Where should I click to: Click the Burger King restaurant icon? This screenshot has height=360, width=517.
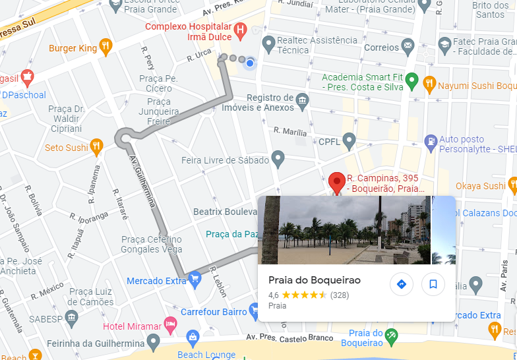point(106,47)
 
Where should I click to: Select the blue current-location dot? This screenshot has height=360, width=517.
point(249,63)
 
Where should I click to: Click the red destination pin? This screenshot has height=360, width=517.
point(337,182)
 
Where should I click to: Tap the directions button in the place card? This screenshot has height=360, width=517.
point(401,284)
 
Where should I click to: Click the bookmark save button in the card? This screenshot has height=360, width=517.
point(433,284)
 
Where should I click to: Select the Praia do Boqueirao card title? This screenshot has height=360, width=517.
point(315,280)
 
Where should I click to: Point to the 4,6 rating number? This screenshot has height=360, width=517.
point(274,295)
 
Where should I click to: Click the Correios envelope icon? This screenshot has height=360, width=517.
point(408,47)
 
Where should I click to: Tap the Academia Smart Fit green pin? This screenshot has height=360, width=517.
point(412,81)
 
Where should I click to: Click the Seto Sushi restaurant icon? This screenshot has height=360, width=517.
point(97,146)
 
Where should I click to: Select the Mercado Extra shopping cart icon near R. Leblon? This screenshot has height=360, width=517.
point(194,280)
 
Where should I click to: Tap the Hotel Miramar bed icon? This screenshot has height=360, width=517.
point(170,325)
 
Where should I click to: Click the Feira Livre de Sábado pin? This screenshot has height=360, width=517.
point(278,158)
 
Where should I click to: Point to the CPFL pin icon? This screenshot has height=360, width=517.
point(349,140)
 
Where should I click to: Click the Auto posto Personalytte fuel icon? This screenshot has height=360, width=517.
point(431,140)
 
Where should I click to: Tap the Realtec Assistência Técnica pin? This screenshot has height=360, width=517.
point(268,44)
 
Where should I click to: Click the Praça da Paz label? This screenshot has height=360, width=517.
point(231,234)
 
